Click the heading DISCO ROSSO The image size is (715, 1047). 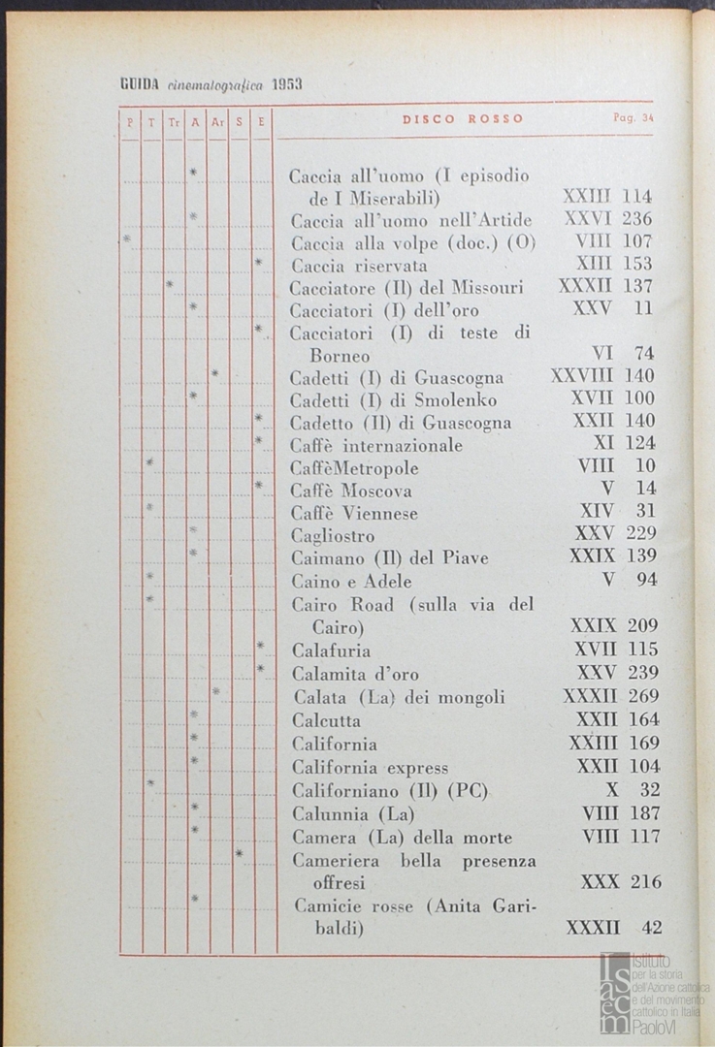tap(463, 119)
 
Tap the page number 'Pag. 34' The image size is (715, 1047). tap(634, 119)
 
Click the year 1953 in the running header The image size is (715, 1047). tap(288, 84)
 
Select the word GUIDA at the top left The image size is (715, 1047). tap(140, 84)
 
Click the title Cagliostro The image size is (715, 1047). tap(333, 535)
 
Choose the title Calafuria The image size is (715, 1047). tap(331, 650)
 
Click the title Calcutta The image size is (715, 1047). tap(327, 721)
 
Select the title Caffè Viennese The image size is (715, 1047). tap(354, 513)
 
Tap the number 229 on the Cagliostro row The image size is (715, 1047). tap(641, 533)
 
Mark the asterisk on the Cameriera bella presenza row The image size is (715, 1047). tap(239, 853)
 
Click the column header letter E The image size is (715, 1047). tap(261, 122)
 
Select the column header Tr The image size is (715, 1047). tap(173, 122)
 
